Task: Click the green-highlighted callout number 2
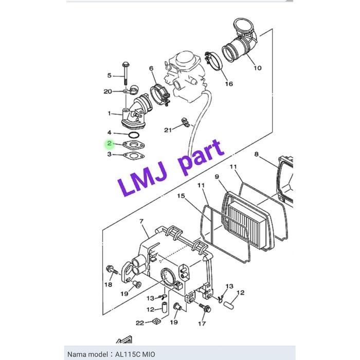click(x=109, y=143)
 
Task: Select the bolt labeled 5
click(x=125, y=73)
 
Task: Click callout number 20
click(x=107, y=92)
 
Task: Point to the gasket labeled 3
click(x=134, y=156)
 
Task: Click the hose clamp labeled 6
click(x=159, y=96)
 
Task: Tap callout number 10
click(x=257, y=68)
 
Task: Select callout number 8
click(x=257, y=154)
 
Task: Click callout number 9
click(x=217, y=176)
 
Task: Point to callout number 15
click(x=181, y=196)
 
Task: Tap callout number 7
click(x=141, y=221)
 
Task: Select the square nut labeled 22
click(x=156, y=321)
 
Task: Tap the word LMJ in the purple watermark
click(x=142, y=180)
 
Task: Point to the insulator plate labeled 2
click(x=134, y=145)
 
